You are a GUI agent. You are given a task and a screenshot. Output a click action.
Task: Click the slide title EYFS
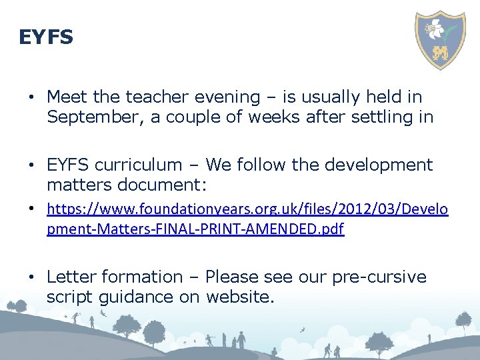(46, 37)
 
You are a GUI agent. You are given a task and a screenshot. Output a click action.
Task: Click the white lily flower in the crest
(437, 28)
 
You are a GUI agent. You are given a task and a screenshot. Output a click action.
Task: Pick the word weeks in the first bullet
(296, 117)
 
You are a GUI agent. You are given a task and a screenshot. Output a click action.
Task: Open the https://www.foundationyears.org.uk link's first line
(247, 211)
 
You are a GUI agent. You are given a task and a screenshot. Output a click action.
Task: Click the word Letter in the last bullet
(71, 277)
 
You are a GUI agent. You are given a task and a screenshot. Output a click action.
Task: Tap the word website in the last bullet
(239, 297)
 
